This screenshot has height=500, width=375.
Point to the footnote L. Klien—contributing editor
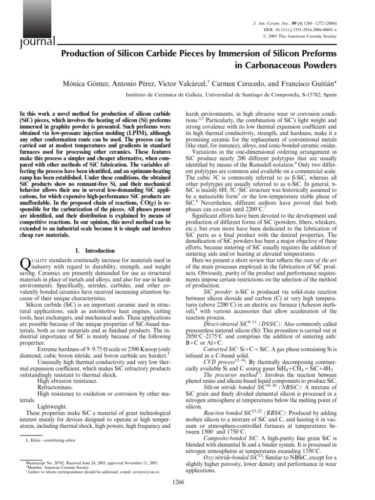coord(50,440)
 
